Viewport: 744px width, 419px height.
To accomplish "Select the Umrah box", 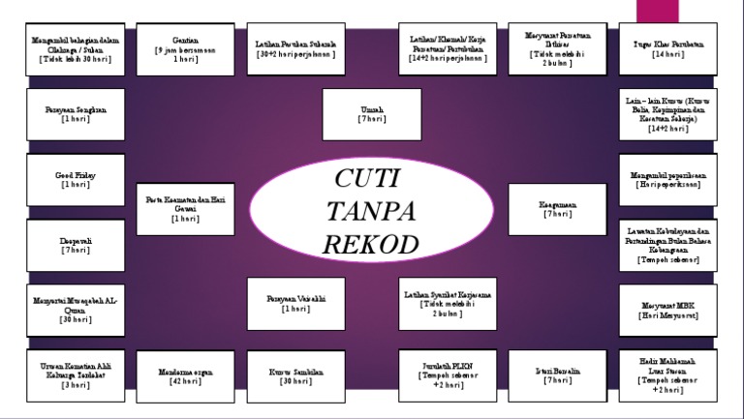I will tap(371, 115).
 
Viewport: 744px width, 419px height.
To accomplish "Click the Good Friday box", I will tap(76, 180).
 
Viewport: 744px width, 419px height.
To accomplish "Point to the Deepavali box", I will tap(76, 245).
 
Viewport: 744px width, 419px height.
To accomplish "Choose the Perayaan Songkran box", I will tap(76, 115).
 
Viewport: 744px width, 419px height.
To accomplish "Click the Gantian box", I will tap(185, 49).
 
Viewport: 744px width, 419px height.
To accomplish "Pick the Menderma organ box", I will tap(185, 375).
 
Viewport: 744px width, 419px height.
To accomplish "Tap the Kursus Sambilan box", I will tap(295, 375).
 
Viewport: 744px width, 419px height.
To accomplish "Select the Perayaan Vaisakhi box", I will tap(295, 304).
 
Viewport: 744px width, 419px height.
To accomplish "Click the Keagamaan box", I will tap(557, 209).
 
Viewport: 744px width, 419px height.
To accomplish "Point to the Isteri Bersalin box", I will tap(557, 375).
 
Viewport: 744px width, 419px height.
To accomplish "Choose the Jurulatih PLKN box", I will tap(447, 375).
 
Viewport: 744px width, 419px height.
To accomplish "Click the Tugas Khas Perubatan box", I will tap(667, 49).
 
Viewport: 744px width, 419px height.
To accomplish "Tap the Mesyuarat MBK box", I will tap(667, 311).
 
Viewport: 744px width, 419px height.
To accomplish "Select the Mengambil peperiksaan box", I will tap(667, 180).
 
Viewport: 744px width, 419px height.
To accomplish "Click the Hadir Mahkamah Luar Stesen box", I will tap(667, 375).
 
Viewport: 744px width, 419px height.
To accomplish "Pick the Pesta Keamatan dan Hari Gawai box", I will tap(185, 209).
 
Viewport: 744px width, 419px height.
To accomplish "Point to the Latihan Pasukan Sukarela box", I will tap(295, 49).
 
